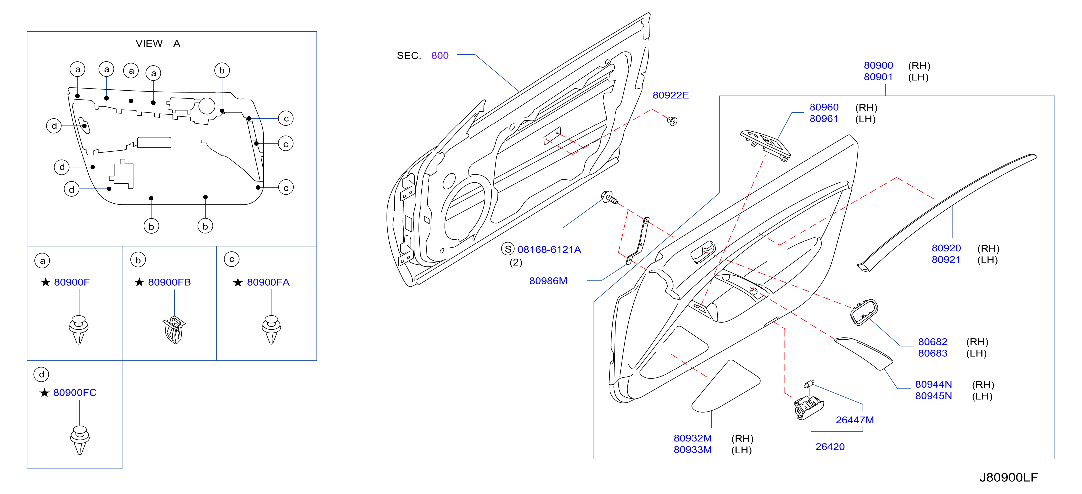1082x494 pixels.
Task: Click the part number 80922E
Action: click(670, 95)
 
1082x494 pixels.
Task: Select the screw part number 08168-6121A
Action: click(549, 250)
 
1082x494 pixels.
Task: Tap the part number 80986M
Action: click(548, 281)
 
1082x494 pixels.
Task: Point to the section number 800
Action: click(440, 55)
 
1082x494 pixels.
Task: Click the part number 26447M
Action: click(855, 420)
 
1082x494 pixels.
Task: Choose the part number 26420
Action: click(830, 447)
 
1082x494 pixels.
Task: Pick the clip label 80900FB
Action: click(169, 282)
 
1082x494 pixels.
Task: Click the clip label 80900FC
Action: click(75, 393)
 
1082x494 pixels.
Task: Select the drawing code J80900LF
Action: click(1008, 478)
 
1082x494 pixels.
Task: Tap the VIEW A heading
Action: click(158, 43)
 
